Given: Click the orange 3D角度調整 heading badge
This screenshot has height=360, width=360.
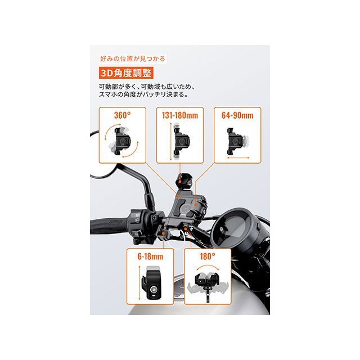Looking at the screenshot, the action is pos(126,73).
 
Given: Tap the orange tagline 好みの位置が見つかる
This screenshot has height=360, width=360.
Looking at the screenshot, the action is pos(133,58).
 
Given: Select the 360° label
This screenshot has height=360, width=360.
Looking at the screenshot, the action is pos(123,115).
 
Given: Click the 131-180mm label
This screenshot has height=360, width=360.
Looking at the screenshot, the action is pos(180,115).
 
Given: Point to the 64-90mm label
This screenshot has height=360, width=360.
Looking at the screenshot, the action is pos(237,115).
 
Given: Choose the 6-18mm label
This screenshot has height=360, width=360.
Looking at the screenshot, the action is pos(150,256).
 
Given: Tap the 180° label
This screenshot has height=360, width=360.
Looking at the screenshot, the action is pos(208,256).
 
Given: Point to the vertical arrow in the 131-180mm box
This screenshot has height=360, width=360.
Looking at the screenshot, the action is pos(170,141).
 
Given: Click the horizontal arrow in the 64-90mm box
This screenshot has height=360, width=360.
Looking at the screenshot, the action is pos(238,157).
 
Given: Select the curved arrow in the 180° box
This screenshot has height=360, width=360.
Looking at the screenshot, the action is pos(208,267).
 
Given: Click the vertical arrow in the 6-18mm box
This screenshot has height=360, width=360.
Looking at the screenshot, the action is pos(139,282).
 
